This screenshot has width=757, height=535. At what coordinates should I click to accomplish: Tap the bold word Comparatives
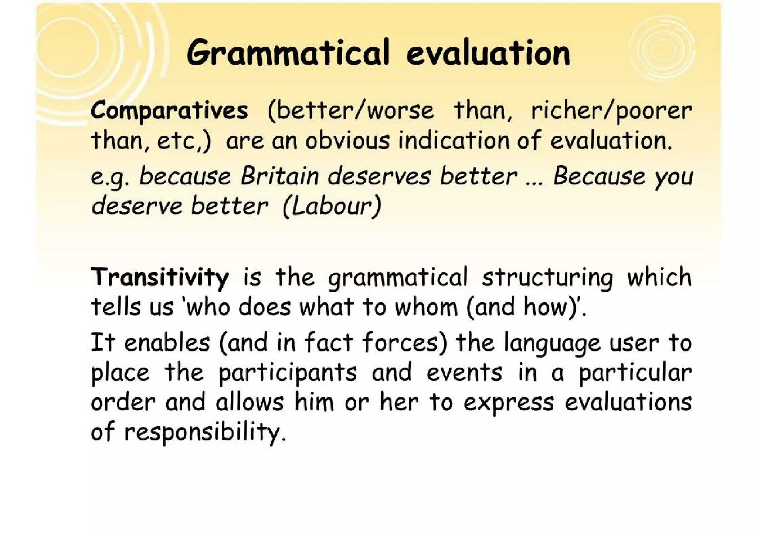click(169, 111)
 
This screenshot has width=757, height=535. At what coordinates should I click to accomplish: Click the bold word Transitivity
click(160, 277)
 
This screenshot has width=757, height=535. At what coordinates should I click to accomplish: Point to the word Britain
click(280, 176)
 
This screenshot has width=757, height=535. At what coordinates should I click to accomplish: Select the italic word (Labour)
click(332, 206)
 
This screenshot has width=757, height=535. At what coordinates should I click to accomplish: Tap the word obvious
click(347, 141)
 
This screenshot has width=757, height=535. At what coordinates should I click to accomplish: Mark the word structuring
click(547, 277)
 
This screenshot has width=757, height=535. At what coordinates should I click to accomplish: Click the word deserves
click(379, 176)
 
